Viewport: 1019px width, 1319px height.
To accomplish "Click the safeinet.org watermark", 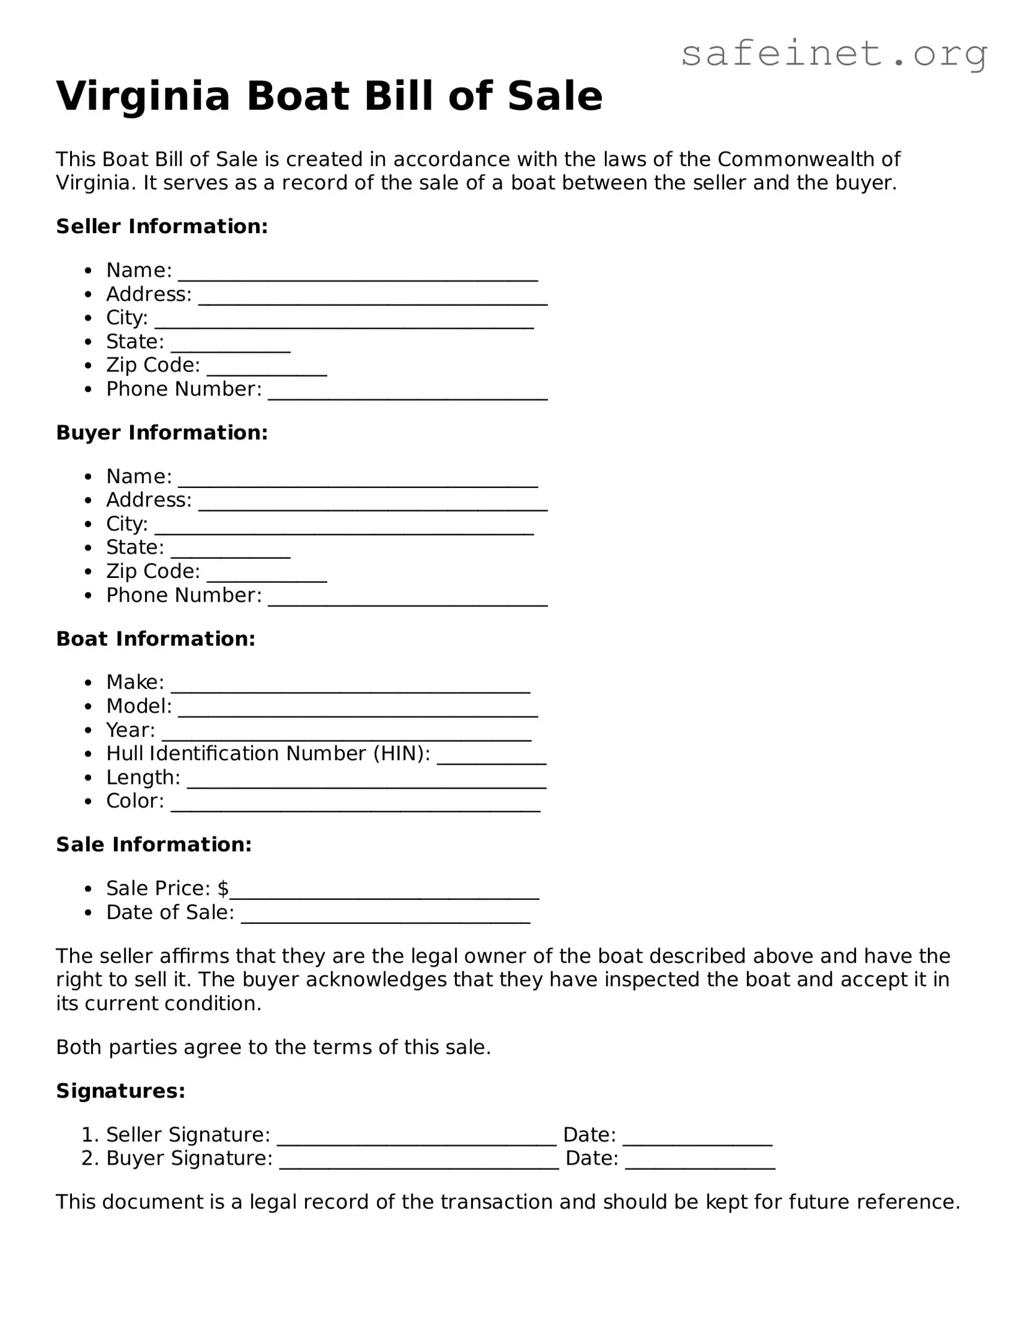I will [834, 55].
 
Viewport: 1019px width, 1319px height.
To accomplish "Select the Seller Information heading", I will [162, 226].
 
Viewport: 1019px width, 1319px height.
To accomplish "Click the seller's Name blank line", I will [358, 274].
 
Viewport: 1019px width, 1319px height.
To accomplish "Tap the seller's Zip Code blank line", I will [267, 369].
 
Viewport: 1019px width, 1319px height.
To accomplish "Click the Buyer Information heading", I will [162, 433].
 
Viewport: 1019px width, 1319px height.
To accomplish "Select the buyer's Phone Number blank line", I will [407, 599].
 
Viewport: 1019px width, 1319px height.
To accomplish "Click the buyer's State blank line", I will [231, 551].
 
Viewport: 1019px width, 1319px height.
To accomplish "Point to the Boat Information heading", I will [156, 639].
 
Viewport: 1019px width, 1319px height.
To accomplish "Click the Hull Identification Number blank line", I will [491, 757].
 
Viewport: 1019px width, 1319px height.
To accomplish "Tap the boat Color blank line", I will [355, 805].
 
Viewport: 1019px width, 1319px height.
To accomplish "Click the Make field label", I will [135, 682].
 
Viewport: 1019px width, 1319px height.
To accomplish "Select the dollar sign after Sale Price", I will [223, 889].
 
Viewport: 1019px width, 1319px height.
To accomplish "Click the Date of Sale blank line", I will [385, 917].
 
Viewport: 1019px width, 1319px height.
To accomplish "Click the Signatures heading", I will [121, 1091].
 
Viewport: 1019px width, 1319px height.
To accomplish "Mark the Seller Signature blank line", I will [417, 1139].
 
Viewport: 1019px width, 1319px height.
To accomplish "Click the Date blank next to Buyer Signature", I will [700, 1163].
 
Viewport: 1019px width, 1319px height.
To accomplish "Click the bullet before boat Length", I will [89, 778].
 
